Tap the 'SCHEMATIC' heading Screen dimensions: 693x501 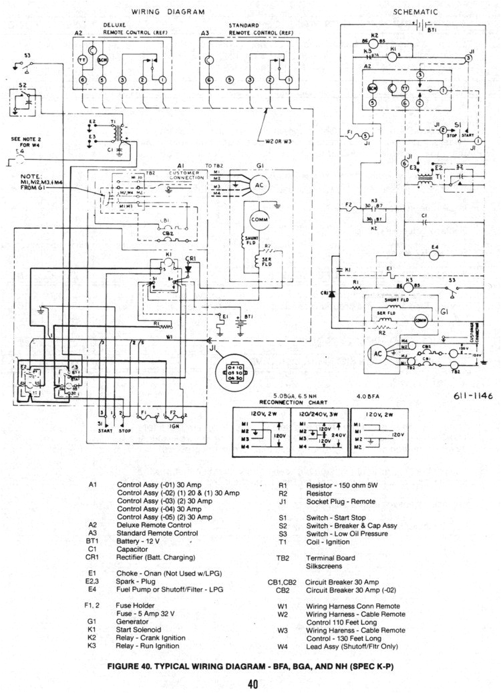click(x=415, y=12)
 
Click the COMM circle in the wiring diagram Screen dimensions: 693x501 click(x=258, y=221)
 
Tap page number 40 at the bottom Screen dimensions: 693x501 click(x=253, y=683)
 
